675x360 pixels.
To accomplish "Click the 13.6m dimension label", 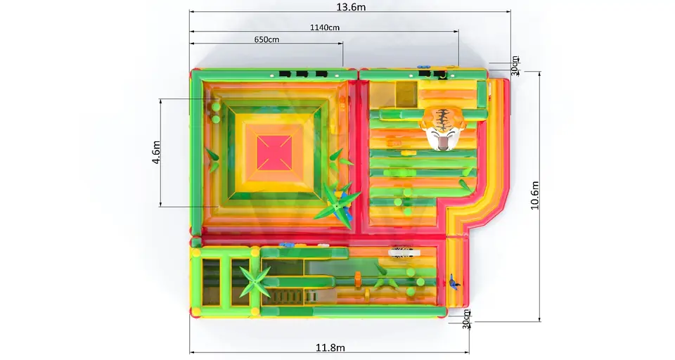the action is point(351,7).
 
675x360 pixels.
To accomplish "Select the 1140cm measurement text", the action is point(325,27).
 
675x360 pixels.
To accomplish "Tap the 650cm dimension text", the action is point(266,39).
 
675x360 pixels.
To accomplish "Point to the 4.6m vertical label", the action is point(156,153).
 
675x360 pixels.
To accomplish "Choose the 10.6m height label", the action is point(534,195).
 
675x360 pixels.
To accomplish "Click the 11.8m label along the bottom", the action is point(330,347).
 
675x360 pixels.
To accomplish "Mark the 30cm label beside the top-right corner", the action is point(515,66).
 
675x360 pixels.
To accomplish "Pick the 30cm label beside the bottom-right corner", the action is point(466,319).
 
